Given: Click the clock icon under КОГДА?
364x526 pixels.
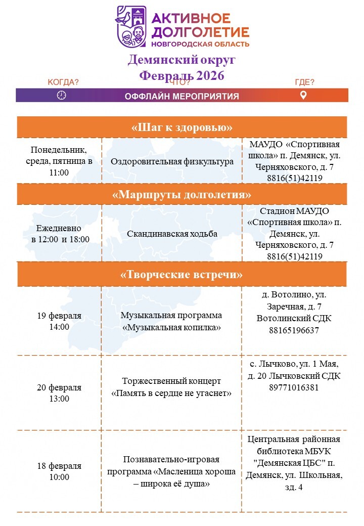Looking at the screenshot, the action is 62,95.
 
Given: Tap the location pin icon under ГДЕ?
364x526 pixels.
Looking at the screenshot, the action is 303,95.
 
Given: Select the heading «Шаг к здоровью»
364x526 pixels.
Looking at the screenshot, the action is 182,127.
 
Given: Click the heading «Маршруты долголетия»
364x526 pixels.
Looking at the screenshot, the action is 182,194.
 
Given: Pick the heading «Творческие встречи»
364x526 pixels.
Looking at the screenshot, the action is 182,275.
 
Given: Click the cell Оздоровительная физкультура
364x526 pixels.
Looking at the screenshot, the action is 172,162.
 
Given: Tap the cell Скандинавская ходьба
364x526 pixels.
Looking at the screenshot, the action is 172,234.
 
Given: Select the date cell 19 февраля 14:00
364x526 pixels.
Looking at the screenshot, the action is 59,321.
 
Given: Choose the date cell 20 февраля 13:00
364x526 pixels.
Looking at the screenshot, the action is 59,393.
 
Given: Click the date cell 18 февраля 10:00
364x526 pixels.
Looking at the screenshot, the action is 59,471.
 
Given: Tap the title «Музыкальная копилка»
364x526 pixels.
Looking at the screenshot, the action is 171,327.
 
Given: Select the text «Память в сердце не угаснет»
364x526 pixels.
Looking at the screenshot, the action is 171,393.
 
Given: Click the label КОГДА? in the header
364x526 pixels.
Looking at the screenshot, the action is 63,82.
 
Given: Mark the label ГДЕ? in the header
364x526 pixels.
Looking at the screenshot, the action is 304,82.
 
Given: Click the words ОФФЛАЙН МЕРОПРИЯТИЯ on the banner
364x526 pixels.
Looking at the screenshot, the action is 182,96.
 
